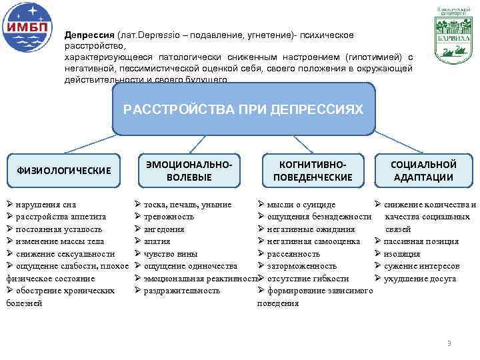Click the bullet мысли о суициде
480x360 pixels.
tap(301, 205)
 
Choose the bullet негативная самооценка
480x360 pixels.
tap(313, 241)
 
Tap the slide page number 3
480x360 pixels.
tap(449, 343)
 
